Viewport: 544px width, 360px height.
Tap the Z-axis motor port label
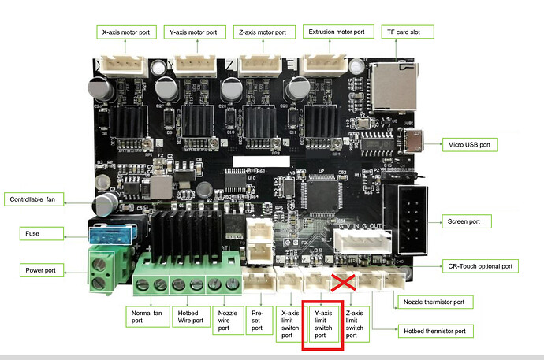click(263, 32)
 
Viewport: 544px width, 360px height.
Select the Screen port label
click(464, 222)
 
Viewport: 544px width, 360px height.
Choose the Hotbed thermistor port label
click(435, 331)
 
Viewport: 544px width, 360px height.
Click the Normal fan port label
click(147, 317)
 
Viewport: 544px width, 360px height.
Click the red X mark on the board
click(344, 284)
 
